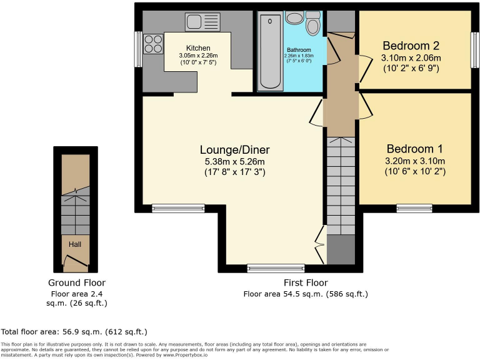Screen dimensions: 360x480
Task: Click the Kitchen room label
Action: tap(197, 48)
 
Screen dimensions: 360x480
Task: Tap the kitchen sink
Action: tap(202, 22)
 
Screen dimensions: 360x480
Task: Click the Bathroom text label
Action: tap(299, 50)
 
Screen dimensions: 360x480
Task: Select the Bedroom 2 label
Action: tap(411, 46)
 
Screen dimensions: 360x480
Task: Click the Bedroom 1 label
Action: tap(414, 149)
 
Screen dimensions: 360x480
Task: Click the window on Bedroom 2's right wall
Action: tap(474, 49)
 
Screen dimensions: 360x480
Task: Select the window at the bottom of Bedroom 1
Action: tap(414, 208)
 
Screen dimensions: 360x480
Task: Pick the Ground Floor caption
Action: tap(77, 282)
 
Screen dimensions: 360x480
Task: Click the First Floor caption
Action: tap(305, 283)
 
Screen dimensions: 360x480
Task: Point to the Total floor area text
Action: tap(74, 332)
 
